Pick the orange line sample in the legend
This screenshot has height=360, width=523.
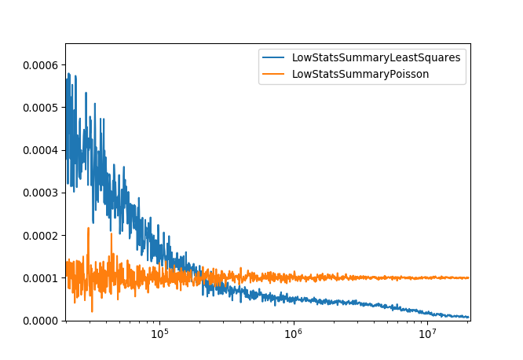click(x=274, y=74)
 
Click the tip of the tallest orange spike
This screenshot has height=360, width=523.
click(x=88, y=228)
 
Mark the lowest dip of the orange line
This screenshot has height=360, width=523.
click(x=92, y=312)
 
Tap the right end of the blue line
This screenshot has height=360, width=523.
click(x=469, y=318)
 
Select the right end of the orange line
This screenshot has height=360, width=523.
click(x=469, y=277)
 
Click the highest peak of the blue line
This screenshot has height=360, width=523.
click(x=68, y=73)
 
